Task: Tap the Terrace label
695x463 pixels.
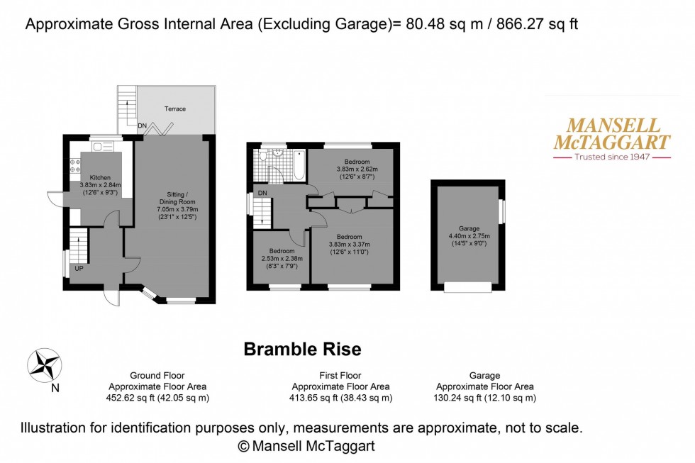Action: [x=175, y=109]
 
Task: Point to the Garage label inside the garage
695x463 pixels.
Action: [x=469, y=228]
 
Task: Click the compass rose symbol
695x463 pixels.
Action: [x=43, y=365]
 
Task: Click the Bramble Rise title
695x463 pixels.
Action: [x=302, y=349]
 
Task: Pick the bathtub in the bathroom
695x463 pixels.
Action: [x=300, y=165]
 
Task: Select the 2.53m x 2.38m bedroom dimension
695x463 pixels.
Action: [x=283, y=260]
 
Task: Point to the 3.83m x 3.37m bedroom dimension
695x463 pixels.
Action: [x=350, y=244]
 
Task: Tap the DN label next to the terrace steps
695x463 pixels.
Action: [x=143, y=127]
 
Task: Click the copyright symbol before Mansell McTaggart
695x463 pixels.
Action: [x=244, y=446]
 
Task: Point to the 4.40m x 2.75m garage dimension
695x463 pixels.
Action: [x=469, y=236]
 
